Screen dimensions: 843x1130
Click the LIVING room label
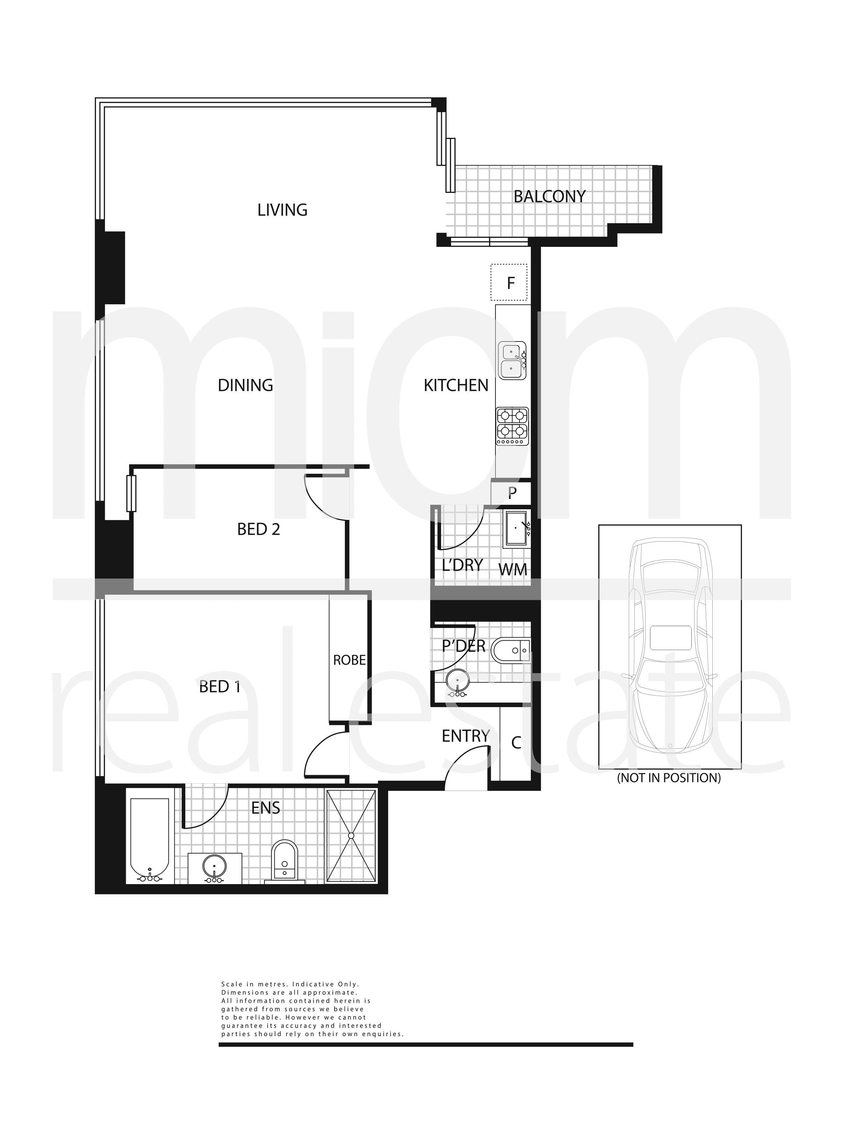[282, 210]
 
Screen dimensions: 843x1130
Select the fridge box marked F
[509, 283]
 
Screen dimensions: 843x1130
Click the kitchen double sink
[512, 360]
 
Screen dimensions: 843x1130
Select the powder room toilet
[510, 651]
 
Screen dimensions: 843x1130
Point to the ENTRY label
[466, 736]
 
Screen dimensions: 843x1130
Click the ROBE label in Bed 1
[350, 661]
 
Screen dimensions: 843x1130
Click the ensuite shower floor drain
[351, 836]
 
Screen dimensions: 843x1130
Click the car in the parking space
[669, 646]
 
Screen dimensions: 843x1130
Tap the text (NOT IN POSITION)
[669, 778]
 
